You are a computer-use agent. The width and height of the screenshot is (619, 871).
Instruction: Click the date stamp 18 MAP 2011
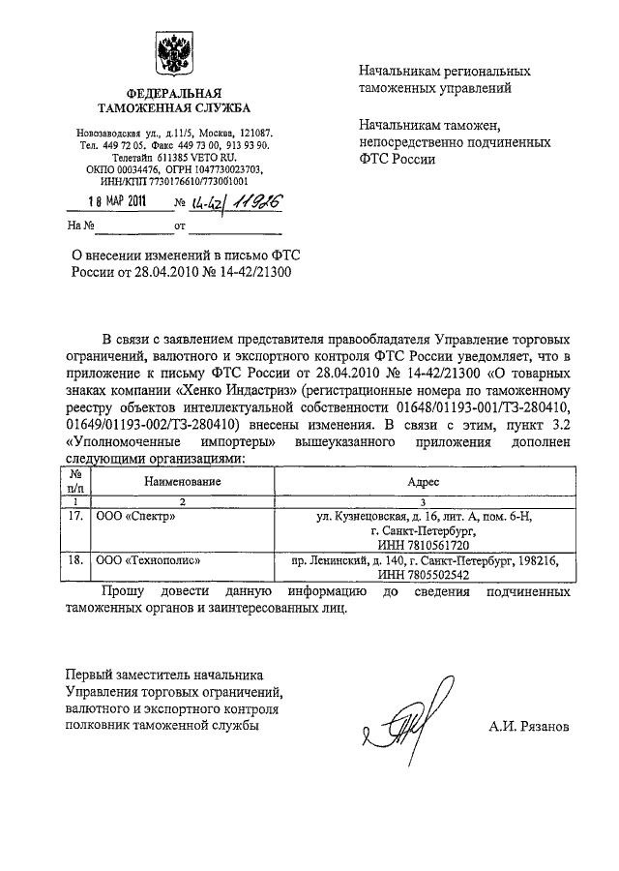tap(120, 203)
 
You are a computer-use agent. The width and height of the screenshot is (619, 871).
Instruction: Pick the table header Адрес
tap(430, 481)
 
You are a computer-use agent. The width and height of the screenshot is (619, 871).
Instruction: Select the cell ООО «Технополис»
tap(145, 560)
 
